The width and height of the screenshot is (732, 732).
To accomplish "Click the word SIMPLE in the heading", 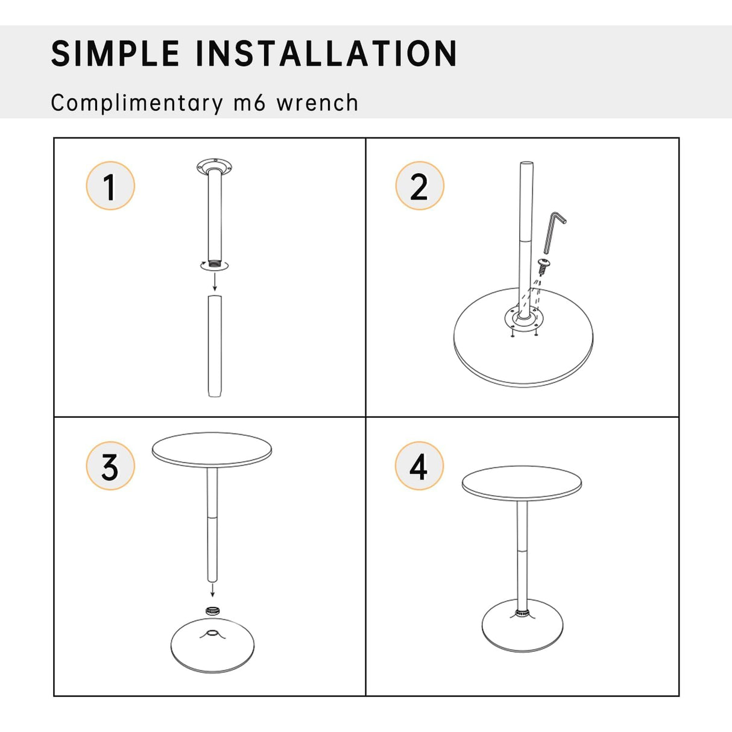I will coord(115,54).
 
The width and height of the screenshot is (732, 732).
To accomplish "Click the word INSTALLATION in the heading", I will coord(326,54).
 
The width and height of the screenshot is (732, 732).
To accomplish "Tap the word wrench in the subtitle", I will coord(317,103).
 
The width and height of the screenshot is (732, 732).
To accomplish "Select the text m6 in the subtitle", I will coord(249,103).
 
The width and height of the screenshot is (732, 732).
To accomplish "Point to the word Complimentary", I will coord(137,103).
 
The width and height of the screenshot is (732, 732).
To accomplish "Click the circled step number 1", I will coord(110,186).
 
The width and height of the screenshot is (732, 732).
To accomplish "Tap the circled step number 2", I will coord(420,186).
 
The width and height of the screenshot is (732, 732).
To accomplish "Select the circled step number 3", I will coord(110,466).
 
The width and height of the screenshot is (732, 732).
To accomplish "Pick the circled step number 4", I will coord(419,466).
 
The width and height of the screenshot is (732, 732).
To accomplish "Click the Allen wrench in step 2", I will coord(553,232).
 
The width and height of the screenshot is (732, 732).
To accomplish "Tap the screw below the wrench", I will coord(543,265).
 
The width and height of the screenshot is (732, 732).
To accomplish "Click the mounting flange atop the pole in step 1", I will coord(215,165).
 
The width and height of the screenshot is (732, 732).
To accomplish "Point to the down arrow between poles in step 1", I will coord(215,282).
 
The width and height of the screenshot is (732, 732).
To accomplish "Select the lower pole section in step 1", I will coord(215,346).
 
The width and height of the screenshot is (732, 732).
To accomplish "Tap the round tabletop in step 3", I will coord(212,449).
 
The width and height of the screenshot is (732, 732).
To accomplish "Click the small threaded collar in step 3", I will coord(212,611).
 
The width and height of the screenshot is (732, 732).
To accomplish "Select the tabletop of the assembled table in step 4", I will coord(522,483).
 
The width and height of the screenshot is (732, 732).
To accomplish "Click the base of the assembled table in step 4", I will coord(522,630).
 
